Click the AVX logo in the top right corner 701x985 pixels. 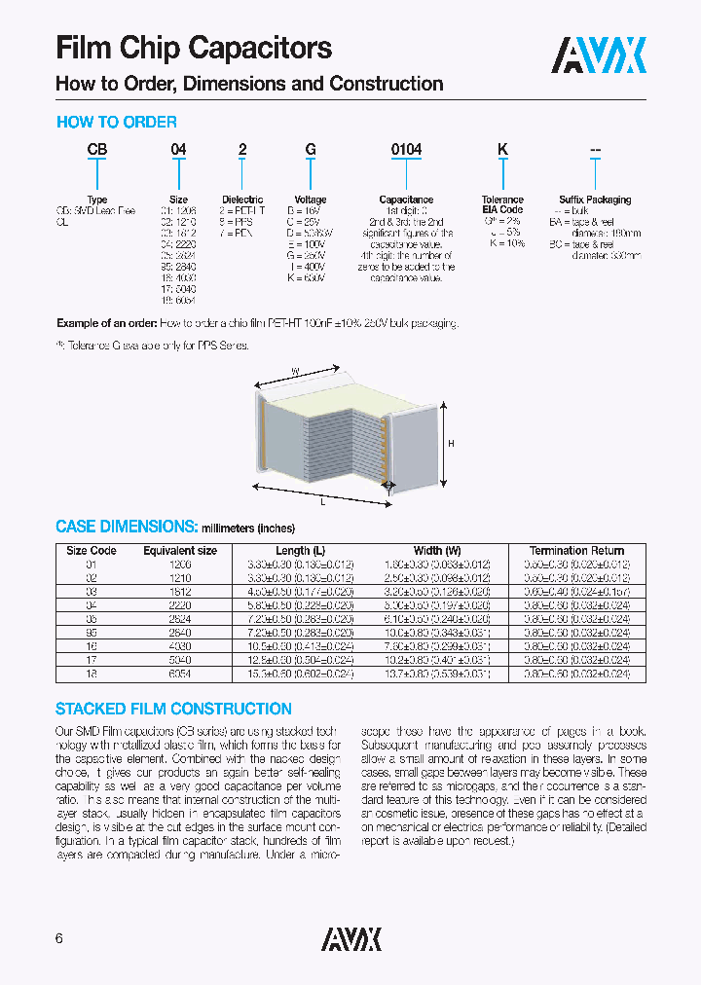tap(599, 55)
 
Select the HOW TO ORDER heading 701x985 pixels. tap(117, 123)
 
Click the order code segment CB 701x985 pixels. tap(97, 150)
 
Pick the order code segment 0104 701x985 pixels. tap(406, 150)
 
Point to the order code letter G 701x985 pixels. tap(311, 150)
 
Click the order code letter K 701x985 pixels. tap(502, 150)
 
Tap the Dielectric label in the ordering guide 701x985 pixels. tap(242, 200)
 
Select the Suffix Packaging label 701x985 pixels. tap(595, 200)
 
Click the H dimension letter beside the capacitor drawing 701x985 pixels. tap(452, 443)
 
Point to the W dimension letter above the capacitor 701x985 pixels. tap(295, 371)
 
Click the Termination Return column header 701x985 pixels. tap(577, 551)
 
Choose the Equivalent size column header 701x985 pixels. tap(180, 551)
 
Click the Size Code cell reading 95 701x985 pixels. tap(91, 632)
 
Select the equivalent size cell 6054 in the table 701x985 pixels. tap(180, 674)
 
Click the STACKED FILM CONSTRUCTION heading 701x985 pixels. tap(173, 709)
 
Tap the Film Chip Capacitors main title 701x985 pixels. tap(194, 48)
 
